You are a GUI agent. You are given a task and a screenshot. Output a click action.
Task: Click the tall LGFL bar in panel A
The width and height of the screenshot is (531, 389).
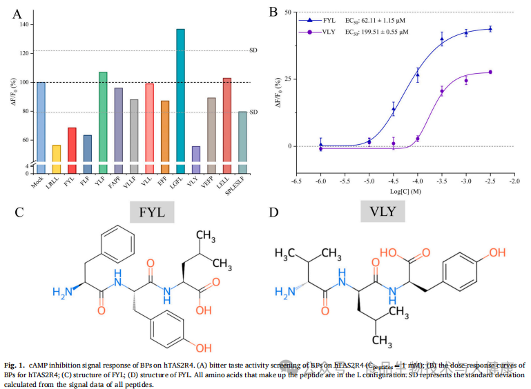tap(181, 97)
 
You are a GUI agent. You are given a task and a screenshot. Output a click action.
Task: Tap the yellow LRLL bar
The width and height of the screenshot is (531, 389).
tap(57, 154)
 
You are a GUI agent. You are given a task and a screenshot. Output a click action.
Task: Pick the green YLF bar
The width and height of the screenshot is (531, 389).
tap(103, 117)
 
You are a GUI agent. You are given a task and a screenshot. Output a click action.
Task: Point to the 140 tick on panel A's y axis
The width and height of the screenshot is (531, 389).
tap(26, 24)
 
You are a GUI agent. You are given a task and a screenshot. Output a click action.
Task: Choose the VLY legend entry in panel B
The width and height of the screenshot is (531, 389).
tap(325, 32)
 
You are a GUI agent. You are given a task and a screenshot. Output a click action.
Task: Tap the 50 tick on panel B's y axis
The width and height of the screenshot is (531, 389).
tap(285, 12)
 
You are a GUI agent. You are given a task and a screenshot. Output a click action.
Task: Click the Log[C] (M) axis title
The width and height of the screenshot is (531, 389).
tap(406, 192)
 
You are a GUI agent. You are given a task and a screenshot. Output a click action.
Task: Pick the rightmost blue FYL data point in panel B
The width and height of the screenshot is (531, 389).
tap(490, 29)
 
